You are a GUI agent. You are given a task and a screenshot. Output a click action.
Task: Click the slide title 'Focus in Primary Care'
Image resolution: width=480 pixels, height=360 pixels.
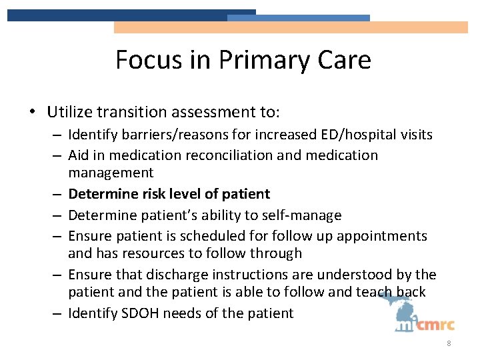click(243, 60)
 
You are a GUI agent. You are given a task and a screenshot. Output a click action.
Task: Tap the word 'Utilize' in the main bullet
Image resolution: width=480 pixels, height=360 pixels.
click(69, 111)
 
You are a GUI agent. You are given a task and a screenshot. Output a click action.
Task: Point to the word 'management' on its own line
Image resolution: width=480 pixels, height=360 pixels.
click(111, 173)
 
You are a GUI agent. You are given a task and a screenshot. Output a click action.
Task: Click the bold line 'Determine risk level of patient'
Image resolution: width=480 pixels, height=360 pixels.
click(169, 194)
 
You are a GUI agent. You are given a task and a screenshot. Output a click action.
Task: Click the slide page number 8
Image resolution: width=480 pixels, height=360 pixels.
click(449, 344)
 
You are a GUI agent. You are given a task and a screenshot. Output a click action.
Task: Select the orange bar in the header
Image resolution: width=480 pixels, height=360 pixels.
click(291, 27)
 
